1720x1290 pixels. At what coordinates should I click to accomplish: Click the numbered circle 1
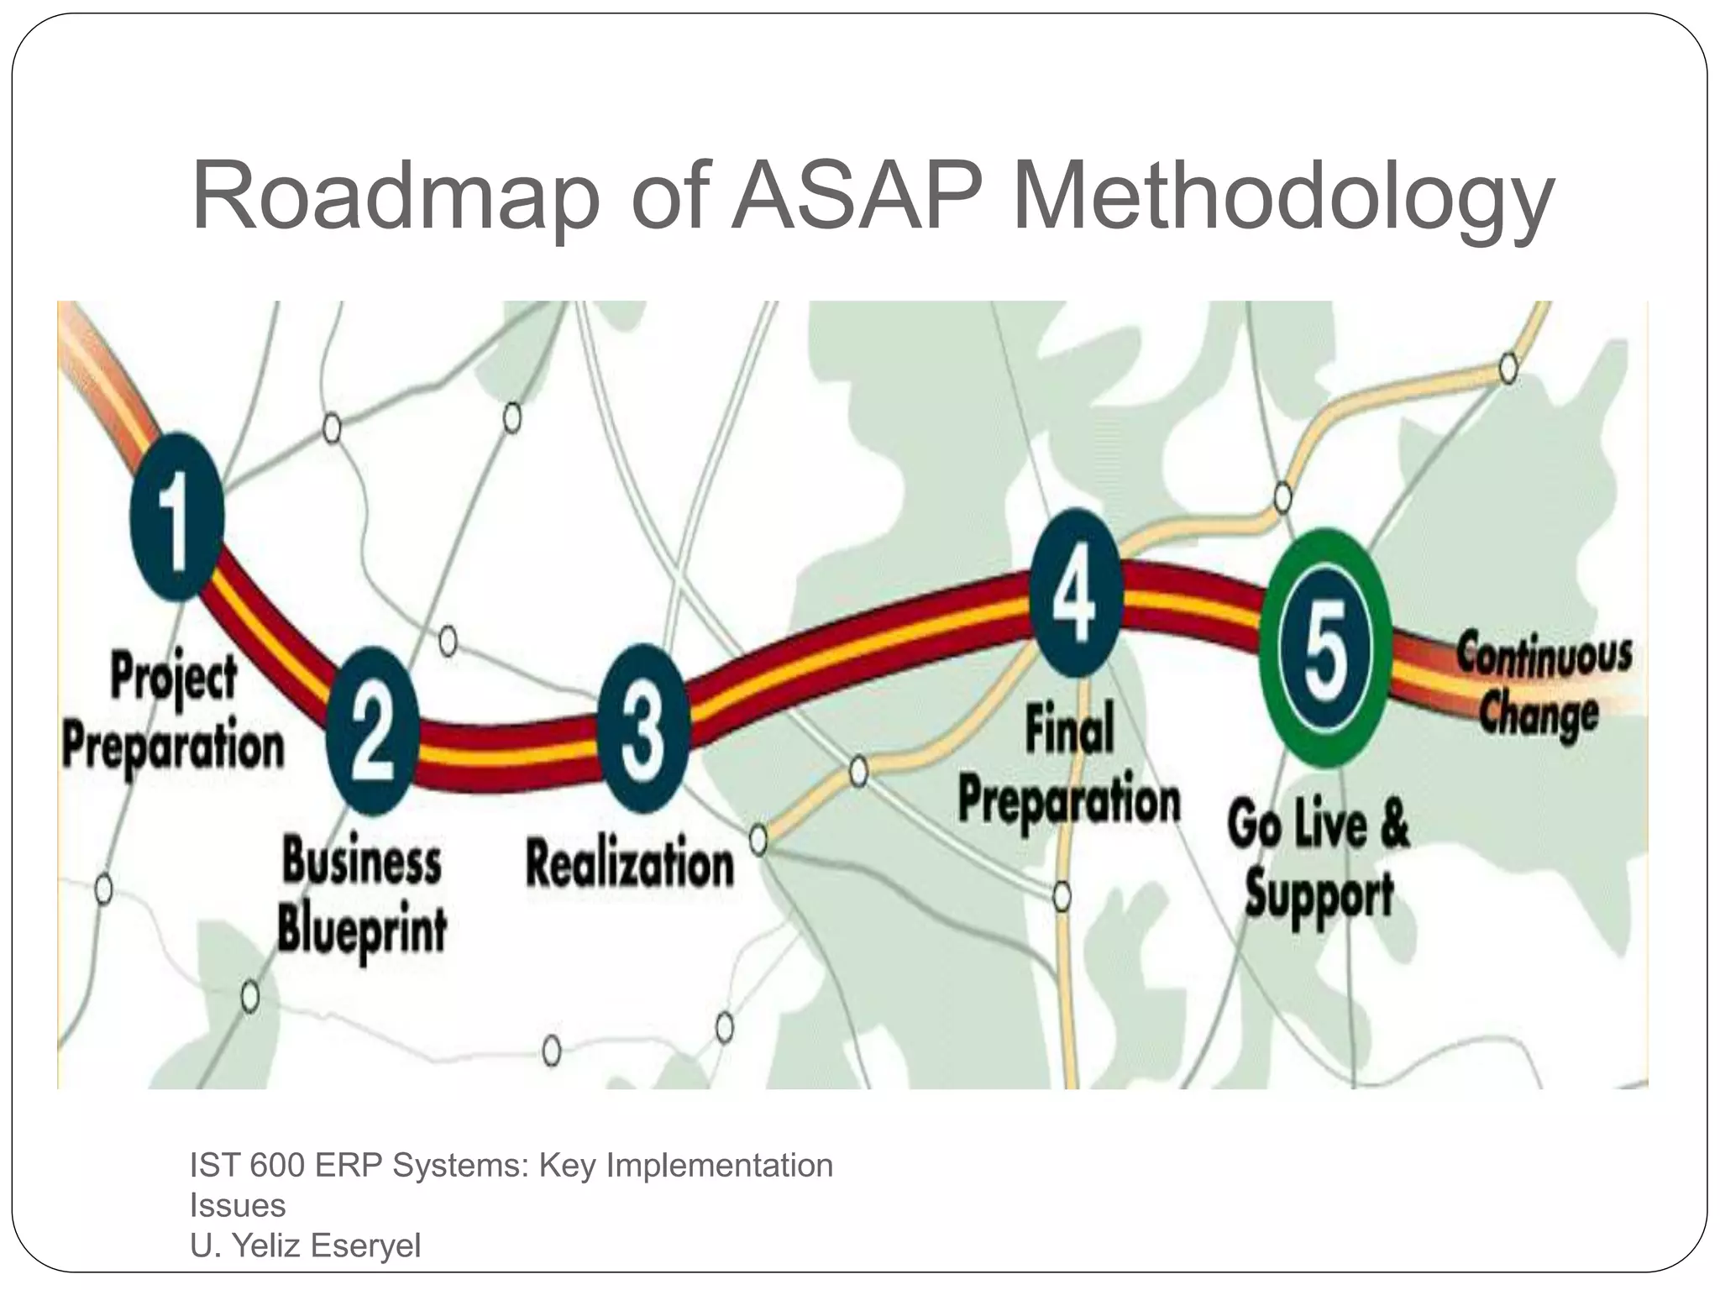click(x=177, y=517)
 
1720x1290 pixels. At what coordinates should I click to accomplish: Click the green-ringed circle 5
click(x=1326, y=648)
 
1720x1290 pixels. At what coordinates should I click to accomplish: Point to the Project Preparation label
click(x=174, y=713)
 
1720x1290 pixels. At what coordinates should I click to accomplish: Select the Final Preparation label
click(x=1069, y=766)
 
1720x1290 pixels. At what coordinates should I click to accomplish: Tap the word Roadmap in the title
click(x=395, y=198)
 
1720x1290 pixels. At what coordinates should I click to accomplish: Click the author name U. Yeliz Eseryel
click(x=306, y=1245)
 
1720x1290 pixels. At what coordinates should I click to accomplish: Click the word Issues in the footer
click(x=238, y=1205)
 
